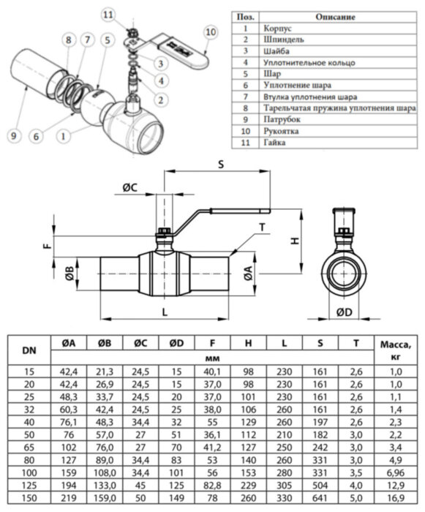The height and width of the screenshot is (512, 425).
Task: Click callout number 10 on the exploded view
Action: tap(211, 31)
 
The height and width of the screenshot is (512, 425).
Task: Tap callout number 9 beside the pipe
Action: tap(12, 134)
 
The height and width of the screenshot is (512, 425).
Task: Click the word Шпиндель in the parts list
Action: tap(285, 40)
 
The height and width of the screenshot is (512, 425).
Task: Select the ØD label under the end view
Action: tap(342, 313)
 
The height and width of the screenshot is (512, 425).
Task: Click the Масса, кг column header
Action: tap(396, 350)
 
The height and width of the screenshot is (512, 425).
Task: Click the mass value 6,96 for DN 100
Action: tap(396, 473)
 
